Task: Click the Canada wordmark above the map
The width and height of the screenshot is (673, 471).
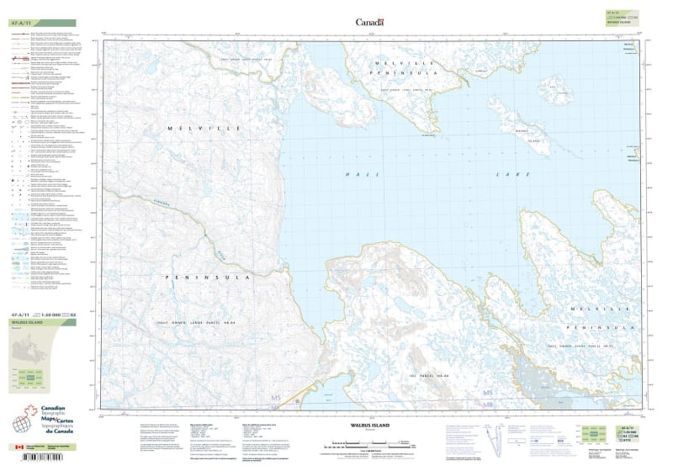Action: [x=369, y=23]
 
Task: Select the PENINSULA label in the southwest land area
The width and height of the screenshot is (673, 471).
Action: [x=204, y=276]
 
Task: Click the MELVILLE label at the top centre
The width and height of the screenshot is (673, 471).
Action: [x=407, y=64]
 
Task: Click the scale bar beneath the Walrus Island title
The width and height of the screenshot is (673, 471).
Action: [x=367, y=444]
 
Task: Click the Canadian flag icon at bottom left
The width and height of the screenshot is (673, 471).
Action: [x=20, y=448]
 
